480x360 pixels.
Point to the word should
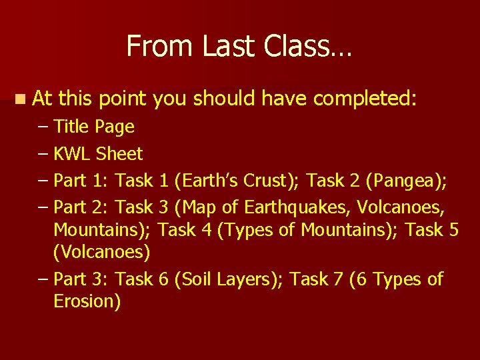(225, 99)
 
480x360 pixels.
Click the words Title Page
(93, 127)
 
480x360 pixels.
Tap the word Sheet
(119, 154)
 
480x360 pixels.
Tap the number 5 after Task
(453, 230)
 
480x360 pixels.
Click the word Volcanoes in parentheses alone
(101, 253)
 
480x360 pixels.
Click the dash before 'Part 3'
(43, 279)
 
